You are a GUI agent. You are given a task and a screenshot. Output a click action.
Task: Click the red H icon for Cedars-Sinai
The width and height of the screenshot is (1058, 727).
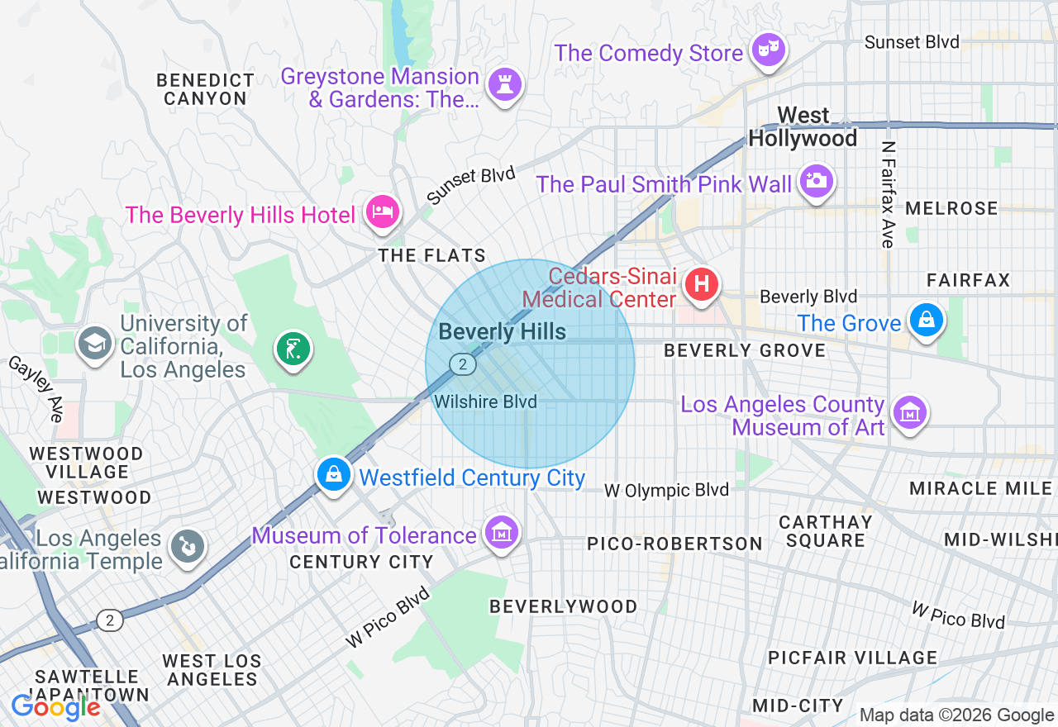click(701, 286)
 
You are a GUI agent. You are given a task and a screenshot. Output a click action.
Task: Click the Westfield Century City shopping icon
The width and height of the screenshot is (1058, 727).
click(333, 475)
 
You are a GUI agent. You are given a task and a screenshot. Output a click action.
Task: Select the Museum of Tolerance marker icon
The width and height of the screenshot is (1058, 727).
click(501, 534)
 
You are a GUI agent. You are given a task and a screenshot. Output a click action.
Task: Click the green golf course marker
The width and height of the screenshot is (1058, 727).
click(293, 349)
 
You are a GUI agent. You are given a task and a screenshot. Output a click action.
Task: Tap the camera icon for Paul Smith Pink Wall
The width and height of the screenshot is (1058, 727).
click(816, 181)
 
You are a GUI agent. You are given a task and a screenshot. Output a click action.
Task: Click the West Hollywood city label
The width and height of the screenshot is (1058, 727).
click(803, 126)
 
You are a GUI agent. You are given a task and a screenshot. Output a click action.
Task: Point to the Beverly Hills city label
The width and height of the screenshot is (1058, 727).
click(502, 332)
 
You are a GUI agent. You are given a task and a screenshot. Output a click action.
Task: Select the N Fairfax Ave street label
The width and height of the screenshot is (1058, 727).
click(888, 194)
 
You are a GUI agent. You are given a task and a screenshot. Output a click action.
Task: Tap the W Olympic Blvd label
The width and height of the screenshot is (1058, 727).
click(666, 490)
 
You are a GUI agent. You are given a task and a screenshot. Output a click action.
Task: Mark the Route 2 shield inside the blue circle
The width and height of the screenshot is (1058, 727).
click(463, 363)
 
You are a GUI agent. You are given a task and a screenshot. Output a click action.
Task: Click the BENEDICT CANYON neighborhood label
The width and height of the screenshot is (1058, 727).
click(205, 89)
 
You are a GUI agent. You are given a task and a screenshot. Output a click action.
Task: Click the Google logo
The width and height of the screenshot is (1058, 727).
click(55, 707)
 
